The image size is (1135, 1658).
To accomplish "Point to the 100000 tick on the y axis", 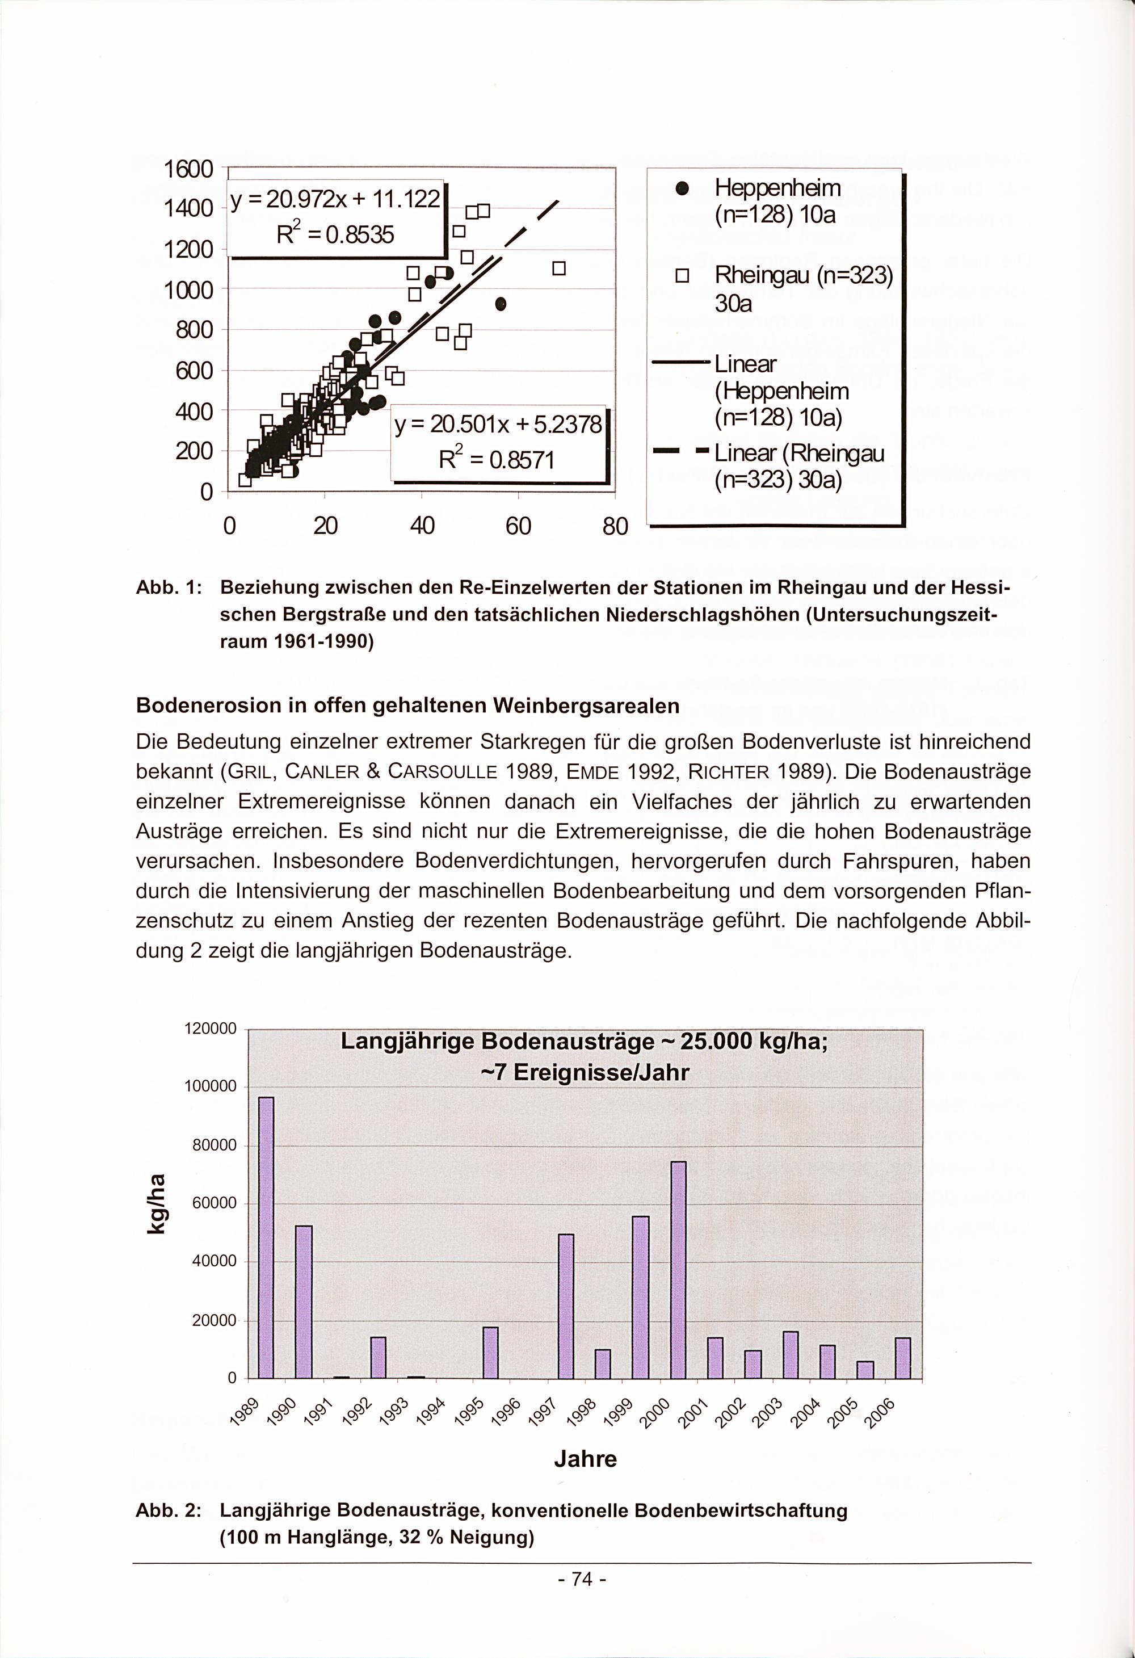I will [x=210, y=1086].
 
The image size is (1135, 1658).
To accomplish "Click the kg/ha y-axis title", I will [x=158, y=1203].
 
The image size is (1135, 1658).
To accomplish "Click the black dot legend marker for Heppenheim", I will [x=682, y=188].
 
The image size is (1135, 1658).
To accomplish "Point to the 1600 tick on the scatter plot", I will [x=188, y=170].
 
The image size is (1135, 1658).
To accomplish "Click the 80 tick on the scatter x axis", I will [x=615, y=527].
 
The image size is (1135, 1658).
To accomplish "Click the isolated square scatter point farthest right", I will [x=558, y=268].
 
